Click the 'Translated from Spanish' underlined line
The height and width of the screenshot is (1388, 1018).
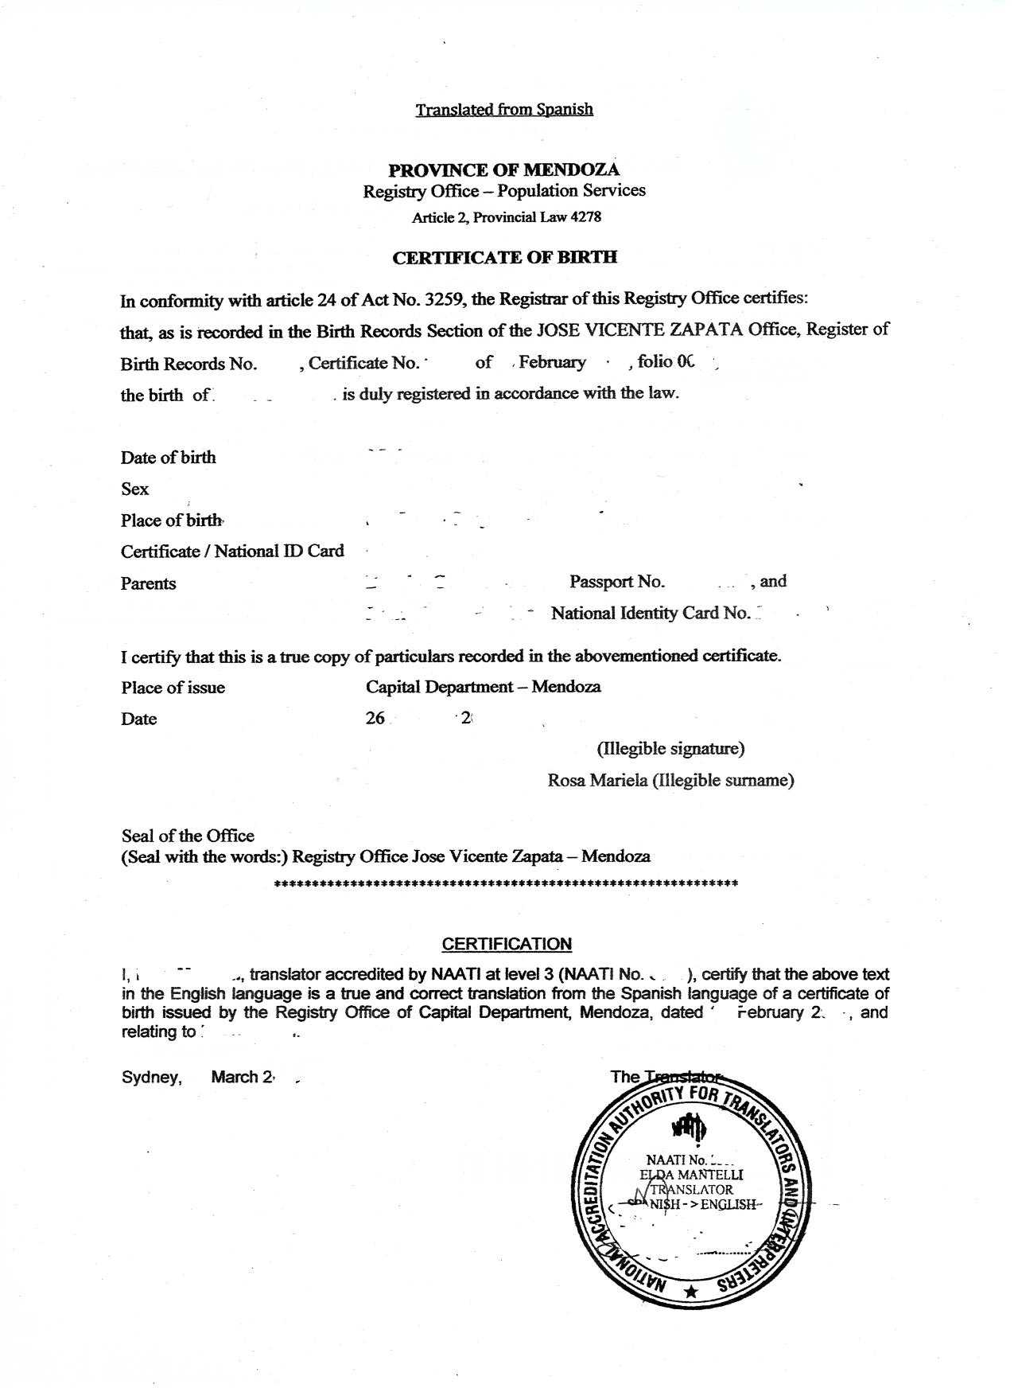(503, 109)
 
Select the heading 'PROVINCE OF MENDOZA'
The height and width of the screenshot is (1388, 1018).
(503, 170)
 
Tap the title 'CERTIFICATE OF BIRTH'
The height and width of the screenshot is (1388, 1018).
(505, 257)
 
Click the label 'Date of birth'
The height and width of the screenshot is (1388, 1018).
(168, 457)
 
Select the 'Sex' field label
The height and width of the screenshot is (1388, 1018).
(134, 489)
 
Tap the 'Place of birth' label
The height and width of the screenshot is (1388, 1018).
(171, 520)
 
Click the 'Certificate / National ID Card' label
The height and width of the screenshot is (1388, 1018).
(232, 551)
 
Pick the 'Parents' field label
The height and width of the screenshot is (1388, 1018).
(148, 583)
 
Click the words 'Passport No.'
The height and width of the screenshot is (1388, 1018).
(616, 582)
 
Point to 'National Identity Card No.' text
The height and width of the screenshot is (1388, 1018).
(650, 613)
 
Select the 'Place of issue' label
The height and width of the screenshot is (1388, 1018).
(173, 687)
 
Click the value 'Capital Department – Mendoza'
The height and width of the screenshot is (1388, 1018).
(483, 686)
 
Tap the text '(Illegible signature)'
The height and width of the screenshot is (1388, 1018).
(670, 748)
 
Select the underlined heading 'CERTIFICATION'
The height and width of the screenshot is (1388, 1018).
(507, 944)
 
